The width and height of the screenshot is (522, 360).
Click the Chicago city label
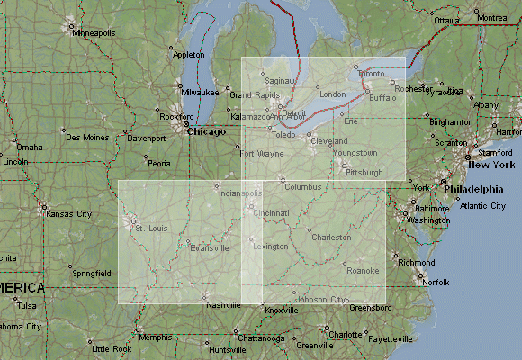[x=206, y=131]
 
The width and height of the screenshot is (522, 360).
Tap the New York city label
[x=490, y=166]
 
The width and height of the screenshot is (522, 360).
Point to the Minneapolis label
[x=94, y=33]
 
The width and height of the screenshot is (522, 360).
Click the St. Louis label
[x=151, y=228]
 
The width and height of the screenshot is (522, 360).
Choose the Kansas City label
[x=69, y=214]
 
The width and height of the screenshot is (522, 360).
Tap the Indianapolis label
[x=239, y=193]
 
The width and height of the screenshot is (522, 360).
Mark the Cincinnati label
[x=271, y=213]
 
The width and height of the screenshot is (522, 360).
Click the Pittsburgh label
[x=364, y=172]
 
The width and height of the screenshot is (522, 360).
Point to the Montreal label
[x=492, y=18]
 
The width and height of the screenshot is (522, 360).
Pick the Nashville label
[x=223, y=306]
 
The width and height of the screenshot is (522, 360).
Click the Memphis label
[x=155, y=337]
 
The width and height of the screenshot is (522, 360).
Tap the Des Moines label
[x=85, y=138]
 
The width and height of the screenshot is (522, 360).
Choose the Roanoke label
[x=363, y=270]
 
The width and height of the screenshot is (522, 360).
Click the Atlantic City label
[x=482, y=206]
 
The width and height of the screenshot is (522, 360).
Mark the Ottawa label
[x=446, y=20]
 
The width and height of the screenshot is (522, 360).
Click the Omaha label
[x=29, y=147]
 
